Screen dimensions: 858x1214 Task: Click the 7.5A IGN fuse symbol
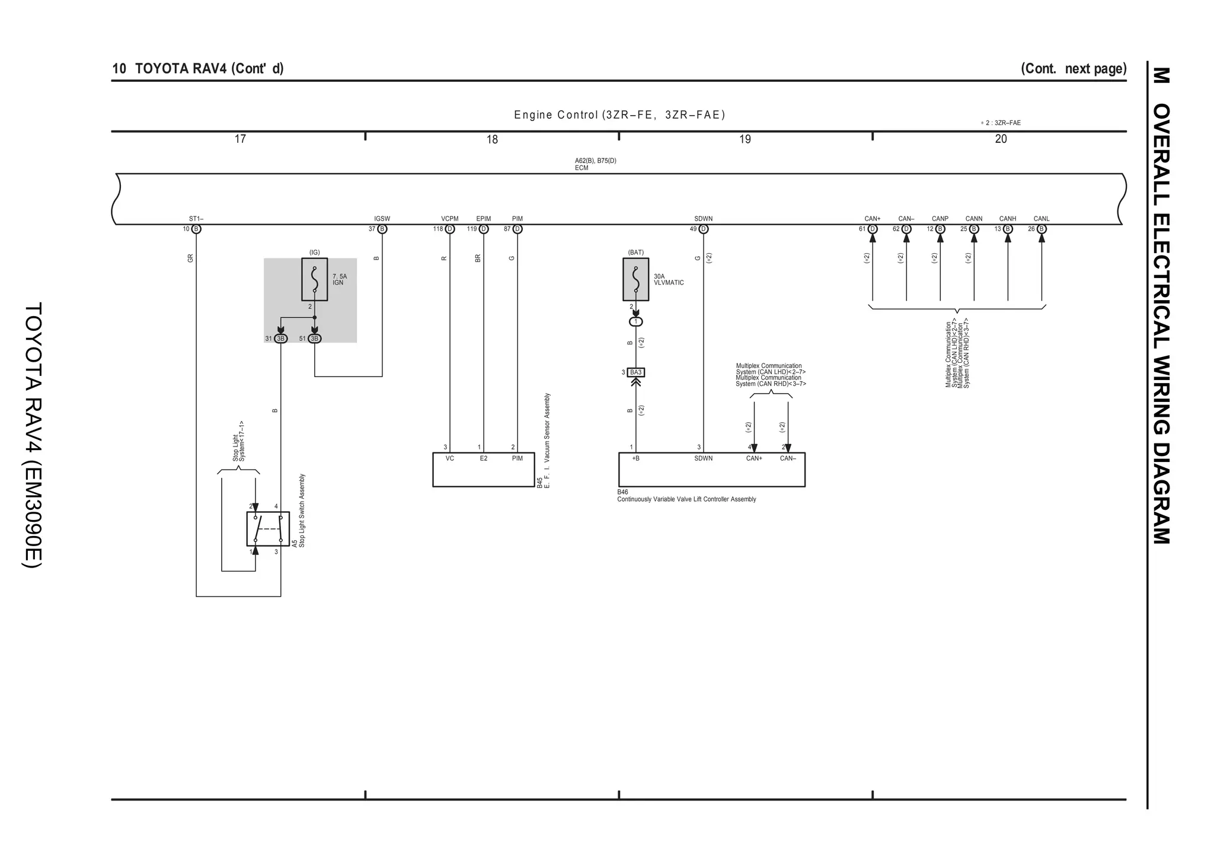pyautogui.click(x=314, y=279)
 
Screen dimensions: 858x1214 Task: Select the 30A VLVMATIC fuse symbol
pyautogui.click(x=635, y=279)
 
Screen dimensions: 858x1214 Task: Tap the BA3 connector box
pyautogui.click(x=635, y=372)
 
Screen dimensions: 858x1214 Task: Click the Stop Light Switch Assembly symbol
pyautogui.click(x=268, y=528)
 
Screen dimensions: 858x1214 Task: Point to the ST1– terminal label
pyautogui.click(x=196, y=219)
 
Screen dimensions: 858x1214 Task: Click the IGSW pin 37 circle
pyautogui.click(x=382, y=229)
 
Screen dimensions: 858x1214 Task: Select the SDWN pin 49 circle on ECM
pyautogui.click(x=704, y=229)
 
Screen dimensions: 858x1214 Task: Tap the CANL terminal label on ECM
pyautogui.click(x=1042, y=219)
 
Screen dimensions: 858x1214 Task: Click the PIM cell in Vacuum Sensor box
pyautogui.click(x=517, y=458)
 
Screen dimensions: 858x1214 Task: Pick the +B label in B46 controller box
pyautogui.click(x=635, y=458)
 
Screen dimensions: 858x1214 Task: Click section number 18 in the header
pyautogui.click(x=492, y=139)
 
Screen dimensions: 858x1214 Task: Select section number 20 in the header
pyautogui.click(x=1001, y=139)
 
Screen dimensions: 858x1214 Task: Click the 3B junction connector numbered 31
pyautogui.click(x=281, y=339)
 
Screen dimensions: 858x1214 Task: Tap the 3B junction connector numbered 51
pyautogui.click(x=315, y=339)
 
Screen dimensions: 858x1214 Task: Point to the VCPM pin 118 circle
pyautogui.click(x=450, y=229)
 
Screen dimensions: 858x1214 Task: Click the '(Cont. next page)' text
pyautogui.click(x=1073, y=68)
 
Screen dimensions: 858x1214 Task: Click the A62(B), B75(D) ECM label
pyautogui.click(x=595, y=164)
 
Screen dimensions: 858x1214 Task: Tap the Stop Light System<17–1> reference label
pyautogui.click(x=238, y=441)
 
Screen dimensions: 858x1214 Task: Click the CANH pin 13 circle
pyautogui.click(x=1008, y=229)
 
